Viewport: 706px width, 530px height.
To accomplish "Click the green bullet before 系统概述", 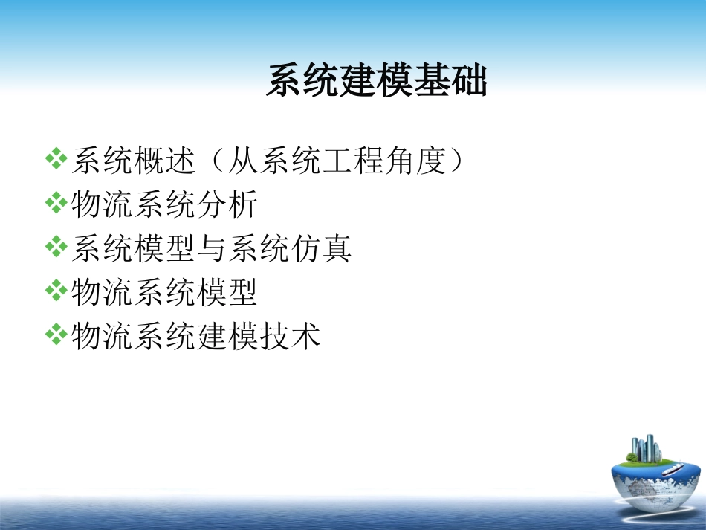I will coord(56,159).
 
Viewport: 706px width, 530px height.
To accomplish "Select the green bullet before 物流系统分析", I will coord(56,204).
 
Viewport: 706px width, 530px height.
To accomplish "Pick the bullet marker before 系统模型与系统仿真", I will coord(56,248).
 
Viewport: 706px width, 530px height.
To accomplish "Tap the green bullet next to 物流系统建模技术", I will coord(56,336).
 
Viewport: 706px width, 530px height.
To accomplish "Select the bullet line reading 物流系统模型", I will coord(164,292).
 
